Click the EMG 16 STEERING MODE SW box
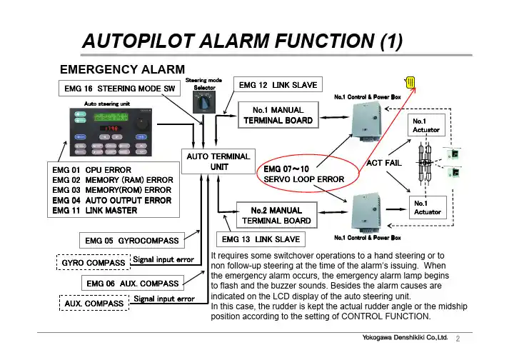116,89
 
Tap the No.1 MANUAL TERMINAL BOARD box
278,116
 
